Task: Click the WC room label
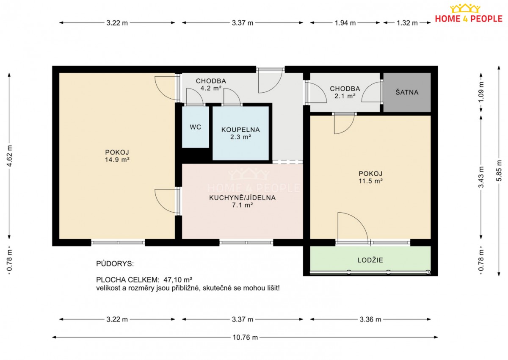coord(195,127)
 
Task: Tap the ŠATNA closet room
coord(407,92)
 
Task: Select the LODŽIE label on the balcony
coord(370,260)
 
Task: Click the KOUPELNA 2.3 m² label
coord(240,133)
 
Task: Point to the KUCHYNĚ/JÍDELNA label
coord(242,198)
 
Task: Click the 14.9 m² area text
coord(117,160)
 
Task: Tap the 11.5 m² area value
coord(370,181)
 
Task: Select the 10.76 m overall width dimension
coord(245,337)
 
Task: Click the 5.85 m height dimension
coord(499,171)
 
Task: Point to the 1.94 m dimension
coord(345,23)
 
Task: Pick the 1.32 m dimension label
coord(407,23)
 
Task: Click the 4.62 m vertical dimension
coord(9,155)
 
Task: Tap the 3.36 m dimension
coord(370,319)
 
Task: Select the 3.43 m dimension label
coord(481,177)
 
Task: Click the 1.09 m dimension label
coord(481,91)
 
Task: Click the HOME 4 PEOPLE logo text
coord(469,19)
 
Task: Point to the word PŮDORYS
coord(115,263)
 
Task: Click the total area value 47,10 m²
coord(178,280)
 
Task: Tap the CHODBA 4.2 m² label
coord(211,84)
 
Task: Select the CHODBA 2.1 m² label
coord(345,92)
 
